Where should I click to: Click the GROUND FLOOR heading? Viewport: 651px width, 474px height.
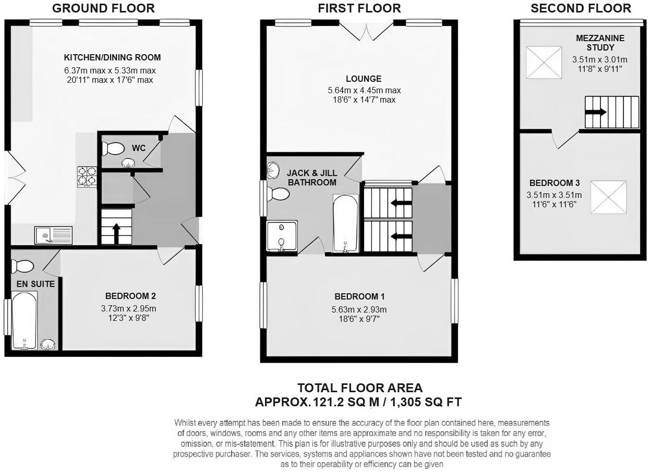pyautogui.click(x=103, y=8)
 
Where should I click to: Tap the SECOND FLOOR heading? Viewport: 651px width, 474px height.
pyautogui.click(x=581, y=8)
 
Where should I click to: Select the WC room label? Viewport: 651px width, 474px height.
pyautogui.click(x=139, y=148)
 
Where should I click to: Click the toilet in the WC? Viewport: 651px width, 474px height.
pyautogui.click(x=113, y=148)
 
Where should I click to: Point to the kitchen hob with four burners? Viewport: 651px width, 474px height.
pyautogui.click(x=87, y=176)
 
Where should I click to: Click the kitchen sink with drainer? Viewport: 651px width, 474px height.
pyautogui.click(x=53, y=235)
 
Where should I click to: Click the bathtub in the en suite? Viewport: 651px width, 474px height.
pyautogui.click(x=24, y=320)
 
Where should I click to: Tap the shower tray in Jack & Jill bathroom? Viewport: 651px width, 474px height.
pyautogui.click(x=282, y=236)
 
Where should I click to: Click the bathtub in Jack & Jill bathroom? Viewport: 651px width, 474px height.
pyautogui.click(x=345, y=223)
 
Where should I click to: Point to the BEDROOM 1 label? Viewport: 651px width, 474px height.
pyautogui.click(x=359, y=297)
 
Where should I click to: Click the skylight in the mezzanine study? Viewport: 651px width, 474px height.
pyautogui.click(x=544, y=63)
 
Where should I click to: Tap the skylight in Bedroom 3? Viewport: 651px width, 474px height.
pyautogui.click(x=608, y=196)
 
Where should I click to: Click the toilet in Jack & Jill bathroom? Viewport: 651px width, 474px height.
pyautogui.click(x=277, y=194)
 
